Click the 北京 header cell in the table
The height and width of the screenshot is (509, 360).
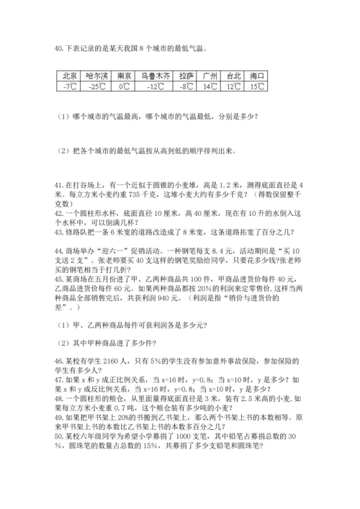70,75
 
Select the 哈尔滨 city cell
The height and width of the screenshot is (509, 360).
95,75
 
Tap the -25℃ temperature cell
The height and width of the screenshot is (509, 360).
95,86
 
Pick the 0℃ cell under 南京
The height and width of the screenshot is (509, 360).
123,86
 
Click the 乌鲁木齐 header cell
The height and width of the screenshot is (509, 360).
156,75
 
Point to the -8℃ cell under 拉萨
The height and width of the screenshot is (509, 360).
186,86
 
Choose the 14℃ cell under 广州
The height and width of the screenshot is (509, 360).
210,86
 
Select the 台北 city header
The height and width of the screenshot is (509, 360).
234,75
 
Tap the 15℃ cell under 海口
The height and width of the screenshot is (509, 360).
257,86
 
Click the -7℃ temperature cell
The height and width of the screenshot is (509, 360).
70,86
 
